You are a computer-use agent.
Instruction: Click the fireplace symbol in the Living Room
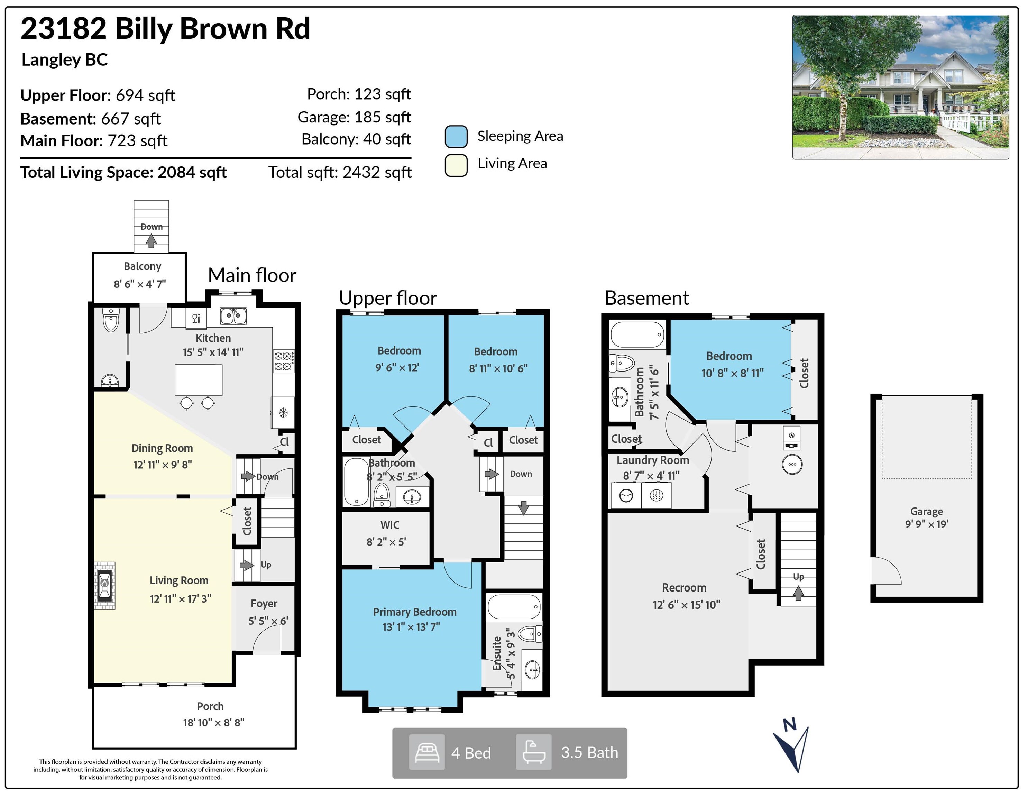pos(104,585)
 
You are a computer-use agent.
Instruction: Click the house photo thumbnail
pos(900,87)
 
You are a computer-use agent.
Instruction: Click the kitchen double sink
pos(233,315)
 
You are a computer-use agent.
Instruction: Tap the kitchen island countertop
pos(199,380)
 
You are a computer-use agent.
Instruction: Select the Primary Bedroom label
pos(415,612)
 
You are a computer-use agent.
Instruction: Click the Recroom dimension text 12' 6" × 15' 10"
pos(686,604)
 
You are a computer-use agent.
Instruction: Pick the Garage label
pos(926,511)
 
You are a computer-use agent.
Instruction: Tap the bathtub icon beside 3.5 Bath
pos(534,752)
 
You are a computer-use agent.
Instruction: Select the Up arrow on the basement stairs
pos(798,593)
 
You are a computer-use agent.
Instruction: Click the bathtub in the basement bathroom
pos(638,334)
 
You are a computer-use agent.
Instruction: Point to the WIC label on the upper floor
pos(390,525)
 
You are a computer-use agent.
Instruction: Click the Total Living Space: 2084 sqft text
pos(123,172)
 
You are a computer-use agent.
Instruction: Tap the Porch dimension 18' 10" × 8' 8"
pos(214,722)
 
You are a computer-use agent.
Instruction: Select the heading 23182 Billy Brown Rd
pos(165,28)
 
